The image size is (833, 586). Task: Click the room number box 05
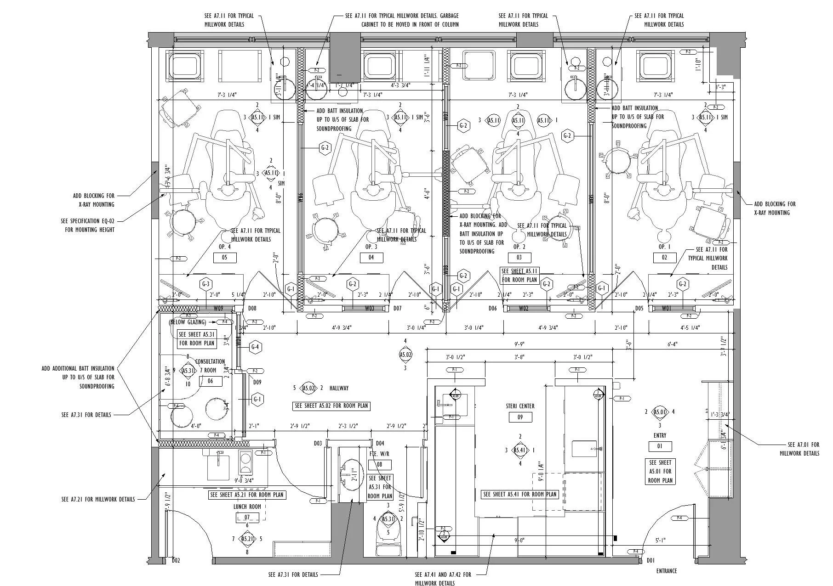[x=225, y=258]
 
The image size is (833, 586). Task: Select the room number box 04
[x=371, y=258]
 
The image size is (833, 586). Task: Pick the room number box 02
[x=664, y=258]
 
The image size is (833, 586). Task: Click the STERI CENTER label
[x=520, y=406]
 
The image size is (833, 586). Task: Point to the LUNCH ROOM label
[x=247, y=507]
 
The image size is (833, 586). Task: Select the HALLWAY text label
[x=339, y=388]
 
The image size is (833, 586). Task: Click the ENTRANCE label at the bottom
[x=666, y=571]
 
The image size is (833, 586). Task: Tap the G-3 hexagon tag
[x=205, y=284]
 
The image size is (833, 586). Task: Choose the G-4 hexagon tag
[x=255, y=347]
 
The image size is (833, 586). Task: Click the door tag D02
[x=176, y=560]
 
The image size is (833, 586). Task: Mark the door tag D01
[x=650, y=560]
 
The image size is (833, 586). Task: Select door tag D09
[x=257, y=382]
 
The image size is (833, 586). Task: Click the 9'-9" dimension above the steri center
[x=519, y=344]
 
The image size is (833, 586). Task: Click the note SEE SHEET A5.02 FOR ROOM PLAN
[x=331, y=406]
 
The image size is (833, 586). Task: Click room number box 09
[x=520, y=417]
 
